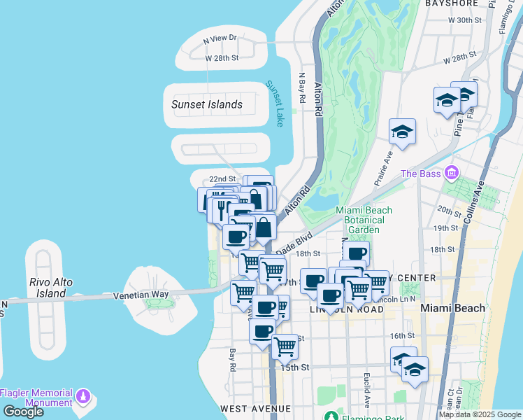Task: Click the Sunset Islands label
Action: click(207, 105)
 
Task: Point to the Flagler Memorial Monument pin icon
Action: click(83, 397)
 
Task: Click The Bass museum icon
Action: click(452, 172)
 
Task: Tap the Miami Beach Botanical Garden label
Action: click(364, 220)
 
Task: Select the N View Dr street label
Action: click(220, 40)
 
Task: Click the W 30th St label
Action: click(466, 20)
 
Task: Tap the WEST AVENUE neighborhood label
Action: click(255, 408)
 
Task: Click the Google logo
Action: click(23, 412)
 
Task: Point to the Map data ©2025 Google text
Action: click(480, 414)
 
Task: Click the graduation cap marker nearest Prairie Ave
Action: click(403, 131)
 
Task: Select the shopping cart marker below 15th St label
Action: click(285, 346)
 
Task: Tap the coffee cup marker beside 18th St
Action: click(356, 253)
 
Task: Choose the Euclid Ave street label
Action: click(366, 390)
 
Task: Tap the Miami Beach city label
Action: click(449, 309)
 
